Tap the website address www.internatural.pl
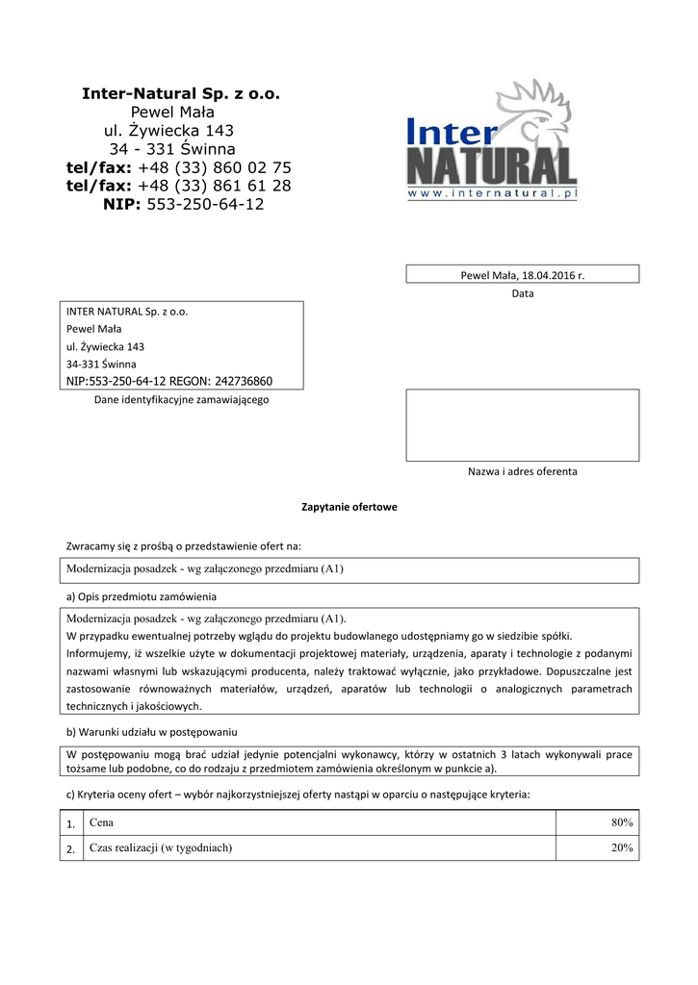pos(492,193)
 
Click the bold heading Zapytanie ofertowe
pos(349,507)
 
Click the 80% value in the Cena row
pos(621,822)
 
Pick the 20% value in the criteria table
pos(621,847)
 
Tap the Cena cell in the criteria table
pos(101,822)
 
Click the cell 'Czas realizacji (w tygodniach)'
pos(161,847)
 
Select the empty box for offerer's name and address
pos(522,425)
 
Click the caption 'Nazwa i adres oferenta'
pos(522,471)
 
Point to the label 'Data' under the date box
pos(522,293)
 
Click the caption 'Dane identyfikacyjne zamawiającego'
pos(181,399)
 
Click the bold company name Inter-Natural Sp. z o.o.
pos(179,94)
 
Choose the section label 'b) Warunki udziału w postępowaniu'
pos(151,732)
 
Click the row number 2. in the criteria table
pos(70,849)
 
